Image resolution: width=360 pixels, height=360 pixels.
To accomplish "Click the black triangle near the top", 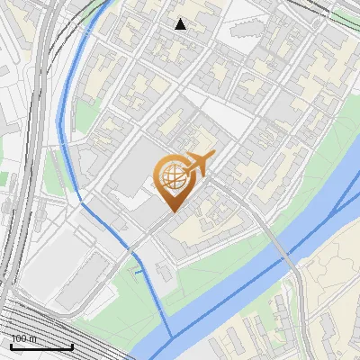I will point(181,24).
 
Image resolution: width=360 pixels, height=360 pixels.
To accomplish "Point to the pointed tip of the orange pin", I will point(172,212).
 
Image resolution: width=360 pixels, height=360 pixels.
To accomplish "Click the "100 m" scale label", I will point(23,338).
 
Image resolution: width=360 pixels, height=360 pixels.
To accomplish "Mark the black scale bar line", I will point(41,346).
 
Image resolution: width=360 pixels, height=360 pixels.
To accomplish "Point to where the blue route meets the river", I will point(167,337).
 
